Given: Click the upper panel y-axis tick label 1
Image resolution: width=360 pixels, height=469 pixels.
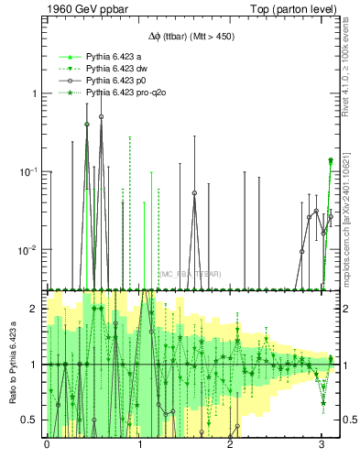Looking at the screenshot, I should pos(35,94).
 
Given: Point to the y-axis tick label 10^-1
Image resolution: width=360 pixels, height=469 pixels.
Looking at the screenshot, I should pos(29,172).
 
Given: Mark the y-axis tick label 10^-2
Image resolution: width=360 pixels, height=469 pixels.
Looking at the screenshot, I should pos(29,250).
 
